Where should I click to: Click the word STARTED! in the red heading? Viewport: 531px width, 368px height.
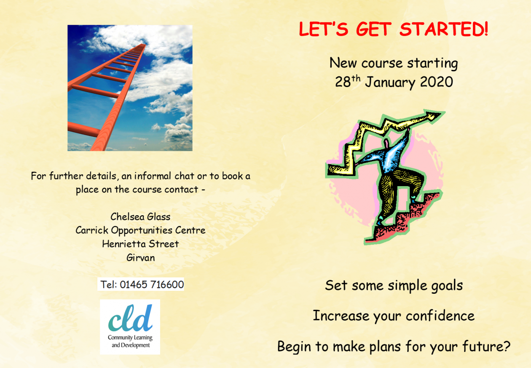click(x=444, y=29)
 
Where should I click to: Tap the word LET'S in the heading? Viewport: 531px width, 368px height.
click(x=324, y=29)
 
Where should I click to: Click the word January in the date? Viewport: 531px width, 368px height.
click(x=390, y=83)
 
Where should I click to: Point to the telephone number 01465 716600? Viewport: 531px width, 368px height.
click(x=152, y=284)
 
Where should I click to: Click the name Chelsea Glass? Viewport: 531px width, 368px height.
click(x=140, y=217)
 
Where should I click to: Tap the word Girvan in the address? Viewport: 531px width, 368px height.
click(x=141, y=257)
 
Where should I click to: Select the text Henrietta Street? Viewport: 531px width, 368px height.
click(x=140, y=244)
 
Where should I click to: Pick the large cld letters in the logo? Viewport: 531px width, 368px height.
click(x=130, y=318)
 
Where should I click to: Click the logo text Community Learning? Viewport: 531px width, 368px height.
click(x=130, y=338)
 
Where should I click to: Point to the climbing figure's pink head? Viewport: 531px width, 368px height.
click(x=386, y=143)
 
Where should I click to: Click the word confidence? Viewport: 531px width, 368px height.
click(x=440, y=316)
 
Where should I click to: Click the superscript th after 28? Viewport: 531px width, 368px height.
click(x=356, y=78)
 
